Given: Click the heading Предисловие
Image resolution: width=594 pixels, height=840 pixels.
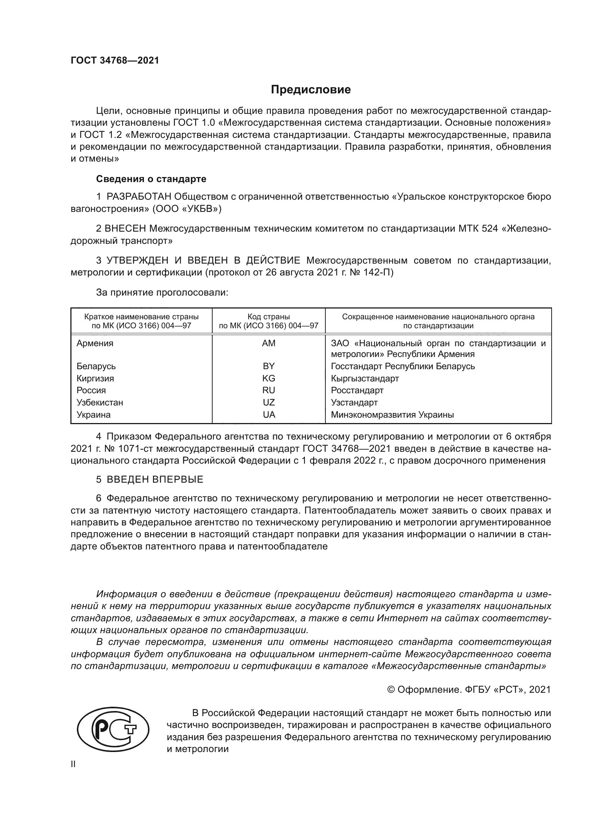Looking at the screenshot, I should point(311,90).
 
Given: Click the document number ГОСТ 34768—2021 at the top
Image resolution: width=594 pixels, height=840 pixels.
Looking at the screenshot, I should point(115,61).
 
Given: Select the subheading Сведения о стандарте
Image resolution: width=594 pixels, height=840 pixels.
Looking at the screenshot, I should point(151,179).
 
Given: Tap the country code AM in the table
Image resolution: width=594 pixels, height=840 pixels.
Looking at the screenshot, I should point(269,343).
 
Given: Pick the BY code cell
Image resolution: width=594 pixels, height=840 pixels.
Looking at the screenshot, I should point(269,366).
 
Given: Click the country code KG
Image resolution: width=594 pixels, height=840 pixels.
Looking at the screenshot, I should point(269,378).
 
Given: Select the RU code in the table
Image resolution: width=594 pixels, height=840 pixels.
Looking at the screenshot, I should point(269,390).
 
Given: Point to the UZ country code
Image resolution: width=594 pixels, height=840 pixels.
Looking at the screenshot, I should point(269,403).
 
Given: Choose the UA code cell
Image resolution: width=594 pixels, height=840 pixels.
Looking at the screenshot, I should point(269,414).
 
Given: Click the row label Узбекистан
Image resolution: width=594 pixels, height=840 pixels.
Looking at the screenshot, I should point(100,403).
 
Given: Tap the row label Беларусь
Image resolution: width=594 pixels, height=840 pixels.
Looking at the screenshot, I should point(96,366).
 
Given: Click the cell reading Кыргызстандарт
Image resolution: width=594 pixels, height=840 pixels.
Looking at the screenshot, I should point(365,378).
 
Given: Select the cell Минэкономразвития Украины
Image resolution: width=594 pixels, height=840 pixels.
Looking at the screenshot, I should point(392,414).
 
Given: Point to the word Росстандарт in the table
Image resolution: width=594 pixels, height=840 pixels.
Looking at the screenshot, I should point(357,390).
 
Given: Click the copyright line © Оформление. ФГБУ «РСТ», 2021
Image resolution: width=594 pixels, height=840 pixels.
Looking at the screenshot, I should point(469,690).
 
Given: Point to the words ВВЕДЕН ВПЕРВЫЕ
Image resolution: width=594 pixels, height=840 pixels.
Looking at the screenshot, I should point(155,479).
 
